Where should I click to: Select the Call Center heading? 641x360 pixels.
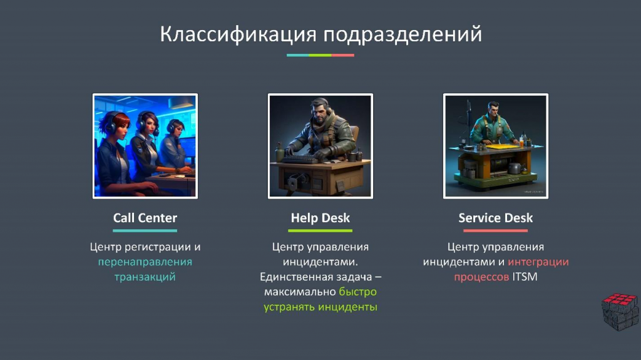145,218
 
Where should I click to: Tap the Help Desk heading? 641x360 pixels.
320,218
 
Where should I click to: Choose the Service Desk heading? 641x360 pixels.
496,218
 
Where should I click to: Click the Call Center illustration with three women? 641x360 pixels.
145,146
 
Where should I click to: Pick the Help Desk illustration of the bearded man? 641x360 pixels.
320,146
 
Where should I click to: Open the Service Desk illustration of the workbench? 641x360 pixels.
496,146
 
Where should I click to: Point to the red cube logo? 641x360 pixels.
620,311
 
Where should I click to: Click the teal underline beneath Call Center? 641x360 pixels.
145,231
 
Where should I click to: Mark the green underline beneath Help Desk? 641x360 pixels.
320,231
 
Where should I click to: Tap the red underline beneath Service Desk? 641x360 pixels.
496,231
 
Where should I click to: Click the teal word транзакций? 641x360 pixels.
145,277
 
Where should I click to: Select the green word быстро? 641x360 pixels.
357,292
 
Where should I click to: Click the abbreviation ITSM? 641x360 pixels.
525,277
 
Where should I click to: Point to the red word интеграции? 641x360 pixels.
538,262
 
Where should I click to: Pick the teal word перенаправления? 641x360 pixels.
145,262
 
